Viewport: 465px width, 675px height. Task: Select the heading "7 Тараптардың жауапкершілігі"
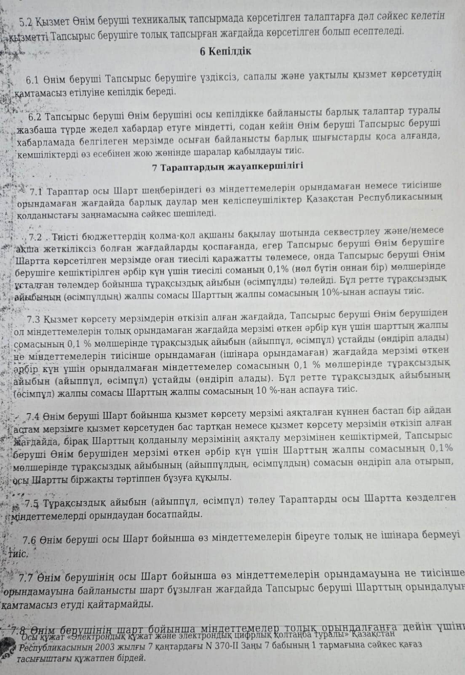pyautogui.click(x=227, y=166)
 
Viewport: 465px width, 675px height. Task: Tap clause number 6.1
pyautogui.click(x=32, y=79)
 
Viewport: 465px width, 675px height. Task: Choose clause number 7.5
pyautogui.click(x=32, y=503)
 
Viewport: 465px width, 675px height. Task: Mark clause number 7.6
pyautogui.click(x=31, y=539)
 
